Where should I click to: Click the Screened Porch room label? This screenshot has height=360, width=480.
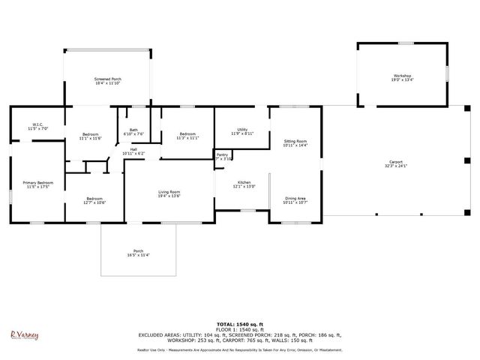pyautogui.click(x=107, y=81)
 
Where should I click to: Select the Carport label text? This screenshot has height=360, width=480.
pyautogui.click(x=395, y=163)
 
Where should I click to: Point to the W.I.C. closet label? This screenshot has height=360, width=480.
pyautogui.click(x=37, y=126)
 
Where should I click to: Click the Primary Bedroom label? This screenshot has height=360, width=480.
pyautogui.click(x=37, y=184)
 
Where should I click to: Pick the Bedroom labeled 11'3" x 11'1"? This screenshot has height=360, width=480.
pyautogui.click(x=187, y=136)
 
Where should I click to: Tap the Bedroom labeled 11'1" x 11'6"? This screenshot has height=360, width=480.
pyautogui.click(x=90, y=136)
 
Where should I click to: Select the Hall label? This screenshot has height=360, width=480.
pyautogui.click(x=133, y=151)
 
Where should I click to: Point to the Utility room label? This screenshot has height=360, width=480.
pyautogui.click(x=242, y=131)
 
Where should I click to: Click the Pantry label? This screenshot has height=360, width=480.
pyautogui.click(x=223, y=157)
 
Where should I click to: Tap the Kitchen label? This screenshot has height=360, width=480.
pyautogui.click(x=244, y=184)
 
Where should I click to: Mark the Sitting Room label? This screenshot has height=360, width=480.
pyautogui.click(x=295, y=143)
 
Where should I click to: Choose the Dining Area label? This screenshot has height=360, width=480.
pyautogui.click(x=295, y=200)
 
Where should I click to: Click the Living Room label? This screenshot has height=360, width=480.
pyautogui.click(x=169, y=193)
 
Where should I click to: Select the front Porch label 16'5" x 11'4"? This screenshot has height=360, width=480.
pyautogui.click(x=138, y=253)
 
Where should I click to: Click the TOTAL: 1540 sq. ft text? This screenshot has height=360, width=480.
pyautogui.click(x=239, y=325)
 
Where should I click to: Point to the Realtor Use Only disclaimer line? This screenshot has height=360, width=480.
pyautogui.click(x=239, y=349)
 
